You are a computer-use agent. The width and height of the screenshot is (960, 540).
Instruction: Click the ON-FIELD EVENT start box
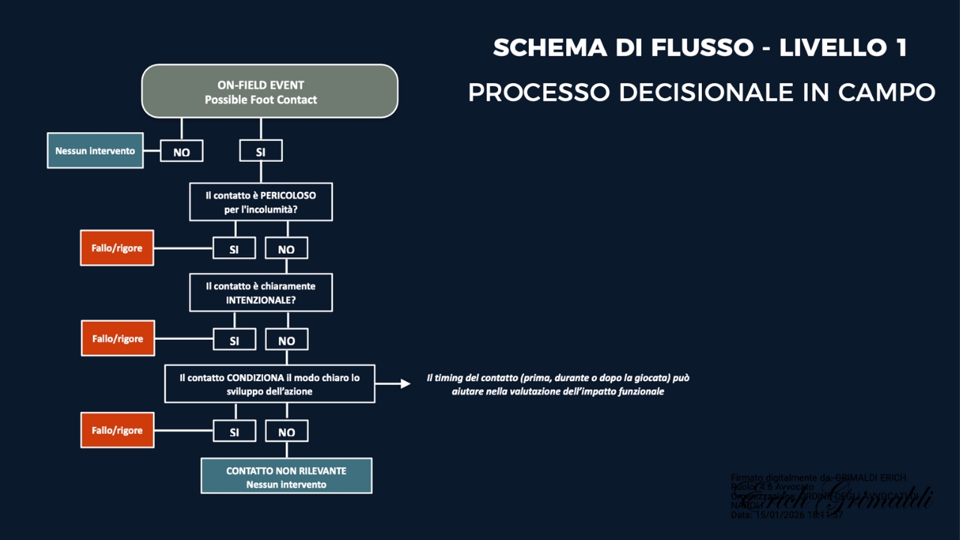pos(270,91)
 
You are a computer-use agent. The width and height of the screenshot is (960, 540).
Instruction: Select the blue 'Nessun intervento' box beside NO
pos(95,151)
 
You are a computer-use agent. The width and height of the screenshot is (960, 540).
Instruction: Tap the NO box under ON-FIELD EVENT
pos(181,151)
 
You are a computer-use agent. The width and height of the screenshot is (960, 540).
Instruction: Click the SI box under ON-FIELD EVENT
pos(260,151)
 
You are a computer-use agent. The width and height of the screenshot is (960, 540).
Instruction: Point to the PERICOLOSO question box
pos(260,202)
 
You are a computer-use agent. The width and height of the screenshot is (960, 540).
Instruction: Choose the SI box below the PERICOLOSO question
pos(234,249)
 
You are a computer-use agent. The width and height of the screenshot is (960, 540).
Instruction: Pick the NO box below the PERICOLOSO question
pos(286,249)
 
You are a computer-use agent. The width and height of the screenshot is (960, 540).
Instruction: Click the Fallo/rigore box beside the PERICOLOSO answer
pos(117,248)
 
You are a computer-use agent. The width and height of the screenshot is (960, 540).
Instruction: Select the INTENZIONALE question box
pos(260,292)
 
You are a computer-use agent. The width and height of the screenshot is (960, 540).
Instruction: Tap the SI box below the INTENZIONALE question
pos(234,340)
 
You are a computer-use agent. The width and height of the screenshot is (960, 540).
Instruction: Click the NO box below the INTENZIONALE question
pos(286,340)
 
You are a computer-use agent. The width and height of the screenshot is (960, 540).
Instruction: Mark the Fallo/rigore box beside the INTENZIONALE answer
pos(117,339)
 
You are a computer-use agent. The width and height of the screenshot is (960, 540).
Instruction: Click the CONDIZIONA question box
pos(270,384)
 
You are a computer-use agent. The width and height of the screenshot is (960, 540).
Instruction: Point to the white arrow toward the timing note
pos(394,384)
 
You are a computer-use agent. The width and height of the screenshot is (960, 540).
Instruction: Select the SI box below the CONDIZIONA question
pos(234,432)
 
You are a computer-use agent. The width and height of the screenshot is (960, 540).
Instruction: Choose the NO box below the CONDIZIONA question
pos(286,432)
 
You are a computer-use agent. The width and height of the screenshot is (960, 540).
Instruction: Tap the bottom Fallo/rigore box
pos(117,430)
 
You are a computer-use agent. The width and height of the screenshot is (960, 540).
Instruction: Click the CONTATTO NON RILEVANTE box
pos(286,477)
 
